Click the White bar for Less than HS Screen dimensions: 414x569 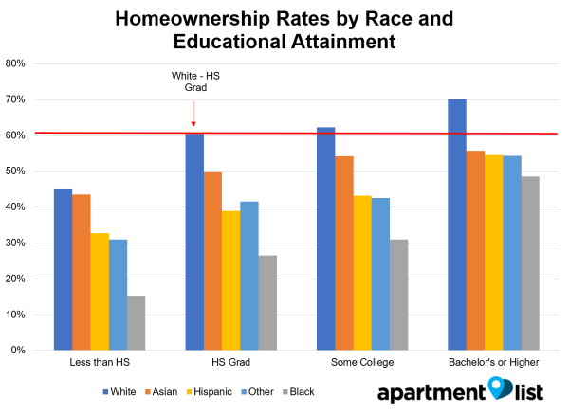[63, 270]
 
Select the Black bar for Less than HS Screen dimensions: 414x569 [137, 323]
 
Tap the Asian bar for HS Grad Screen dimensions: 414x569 [212, 261]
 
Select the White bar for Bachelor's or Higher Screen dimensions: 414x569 [457, 225]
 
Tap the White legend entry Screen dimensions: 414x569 [120, 391]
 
